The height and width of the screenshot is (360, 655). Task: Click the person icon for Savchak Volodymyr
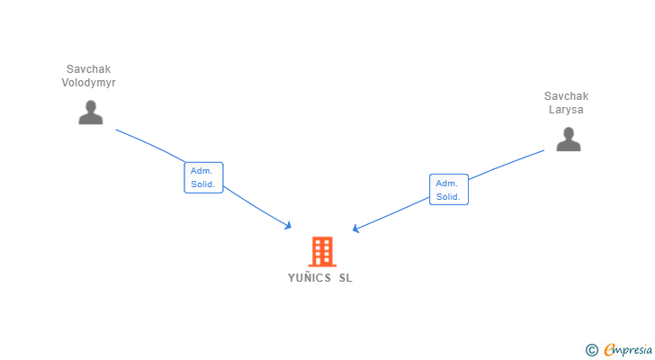click(x=90, y=112)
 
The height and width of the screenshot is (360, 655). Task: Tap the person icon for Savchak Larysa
click(x=568, y=139)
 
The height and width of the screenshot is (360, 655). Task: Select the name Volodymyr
click(x=90, y=83)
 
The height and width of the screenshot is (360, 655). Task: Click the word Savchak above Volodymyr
click(x=90, y=69)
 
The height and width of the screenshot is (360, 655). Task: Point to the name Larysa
click(x=567, y=110)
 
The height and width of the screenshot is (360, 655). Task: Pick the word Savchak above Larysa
click(x=567, y=96)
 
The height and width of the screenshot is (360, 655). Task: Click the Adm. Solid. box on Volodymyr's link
click(x=203, y=177)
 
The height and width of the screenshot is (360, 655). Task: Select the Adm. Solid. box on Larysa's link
click(x=448, y=189)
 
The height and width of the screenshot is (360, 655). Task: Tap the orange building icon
click(x=322, y=251)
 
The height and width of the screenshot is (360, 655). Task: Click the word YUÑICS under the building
click(x=309, y=278)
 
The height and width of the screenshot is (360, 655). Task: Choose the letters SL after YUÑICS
click(x=345, y=278)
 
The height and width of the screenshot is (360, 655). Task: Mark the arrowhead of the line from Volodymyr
click(x=289, y=226)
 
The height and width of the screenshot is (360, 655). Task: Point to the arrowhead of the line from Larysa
click(x=355, y=229)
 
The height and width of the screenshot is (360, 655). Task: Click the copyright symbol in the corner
click(x=591, y=349)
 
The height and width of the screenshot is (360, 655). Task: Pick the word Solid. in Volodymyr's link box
click(x=203, y=184)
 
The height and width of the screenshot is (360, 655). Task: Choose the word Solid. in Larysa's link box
click(x=448, y=196)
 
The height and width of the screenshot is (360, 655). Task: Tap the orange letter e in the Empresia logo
click(x=609, y=349)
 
